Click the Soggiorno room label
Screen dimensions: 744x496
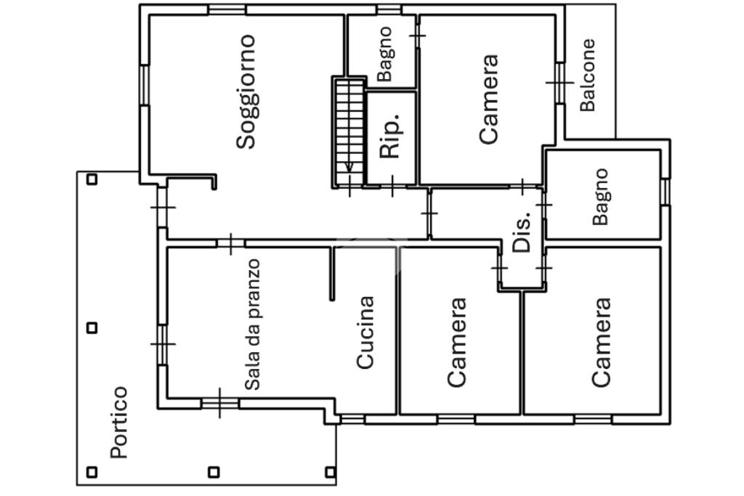click(246, 92)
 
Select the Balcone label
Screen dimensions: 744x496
click(587, 76)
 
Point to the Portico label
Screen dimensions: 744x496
click(118, 423)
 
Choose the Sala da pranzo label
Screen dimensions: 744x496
click(252, 325)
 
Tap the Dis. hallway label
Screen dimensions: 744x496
click(522, 232)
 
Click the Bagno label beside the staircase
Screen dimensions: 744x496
click(385, 54)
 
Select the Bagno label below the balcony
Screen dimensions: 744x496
click(600, 196)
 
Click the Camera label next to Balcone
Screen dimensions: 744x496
click(489, 99)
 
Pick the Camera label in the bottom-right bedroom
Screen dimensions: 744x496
click(601, 342)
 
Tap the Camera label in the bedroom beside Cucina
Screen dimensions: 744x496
click(457, 342)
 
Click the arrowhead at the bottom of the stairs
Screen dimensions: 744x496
click(349, 166)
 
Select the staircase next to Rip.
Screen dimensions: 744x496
click(349, 132)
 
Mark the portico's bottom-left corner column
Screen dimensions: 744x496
click(92, 472)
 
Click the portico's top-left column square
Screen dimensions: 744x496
click(92, 179)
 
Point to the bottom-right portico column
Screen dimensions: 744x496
click(331, 472)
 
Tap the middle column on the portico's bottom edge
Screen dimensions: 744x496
click(214, 472)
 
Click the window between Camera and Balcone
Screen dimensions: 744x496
click(560, 83)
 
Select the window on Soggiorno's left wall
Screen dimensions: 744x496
click(145, 86)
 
